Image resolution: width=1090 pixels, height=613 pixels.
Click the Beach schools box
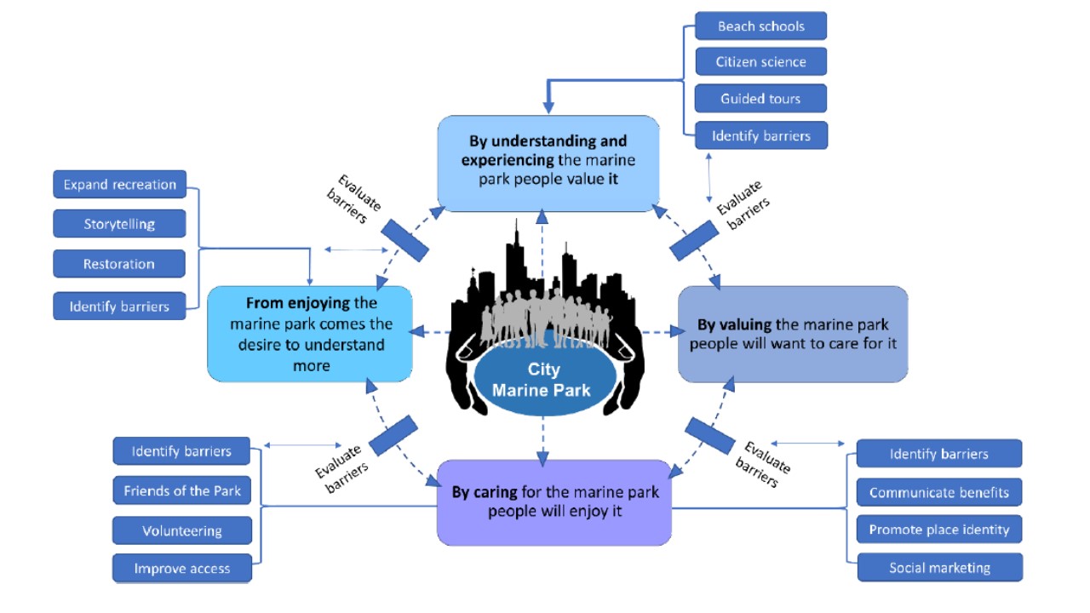click(x=760, y=26)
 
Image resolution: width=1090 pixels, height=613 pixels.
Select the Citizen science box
click(x=760, y=61)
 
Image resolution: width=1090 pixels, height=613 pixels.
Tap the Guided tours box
click(x=760, y=98)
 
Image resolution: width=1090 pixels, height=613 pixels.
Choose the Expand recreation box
click(x=119, y=185)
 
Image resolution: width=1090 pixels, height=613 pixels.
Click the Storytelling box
click(x=119, y=224)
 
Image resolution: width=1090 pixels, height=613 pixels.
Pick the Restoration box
click(x=119, y=264)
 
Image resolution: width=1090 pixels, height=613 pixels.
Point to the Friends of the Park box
click(x=182, y=490)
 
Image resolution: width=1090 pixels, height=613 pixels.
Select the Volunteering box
click(x=182, y=530)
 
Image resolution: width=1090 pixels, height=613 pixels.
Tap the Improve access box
click(x=182, y=569)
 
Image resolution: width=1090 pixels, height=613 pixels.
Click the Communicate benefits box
click(x=938, y=492)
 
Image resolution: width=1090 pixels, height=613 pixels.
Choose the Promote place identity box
click(x=938, y=530)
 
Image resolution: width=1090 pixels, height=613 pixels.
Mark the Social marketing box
click(x=939, y=568)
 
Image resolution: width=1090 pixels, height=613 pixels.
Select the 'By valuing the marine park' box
click(x=792, y=334)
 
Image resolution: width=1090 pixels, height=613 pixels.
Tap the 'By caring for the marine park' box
click(x=554, y=502)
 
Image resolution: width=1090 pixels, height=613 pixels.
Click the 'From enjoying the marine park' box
click(x=310, y=334)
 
